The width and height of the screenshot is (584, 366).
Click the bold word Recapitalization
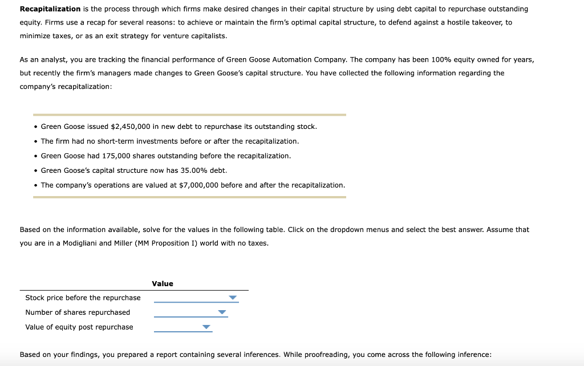tap(50, 9)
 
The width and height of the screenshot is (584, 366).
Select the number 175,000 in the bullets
tap(116, 156)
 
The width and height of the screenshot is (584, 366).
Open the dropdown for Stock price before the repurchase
tap(232, 298)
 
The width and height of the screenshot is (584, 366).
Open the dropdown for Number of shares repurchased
tap(222, 312)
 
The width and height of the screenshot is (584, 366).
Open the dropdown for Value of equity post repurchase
tap(206, 327)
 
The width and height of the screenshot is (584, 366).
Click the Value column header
tap(163, 283)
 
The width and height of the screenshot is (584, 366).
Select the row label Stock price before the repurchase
tap(83, 298)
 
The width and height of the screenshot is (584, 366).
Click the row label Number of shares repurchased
tap(78, 312)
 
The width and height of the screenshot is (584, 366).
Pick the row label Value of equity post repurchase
tap(79, 327)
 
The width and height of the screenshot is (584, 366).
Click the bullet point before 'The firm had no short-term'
tap(35, 141)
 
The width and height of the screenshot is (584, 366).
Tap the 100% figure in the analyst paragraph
tap(421, 60)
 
